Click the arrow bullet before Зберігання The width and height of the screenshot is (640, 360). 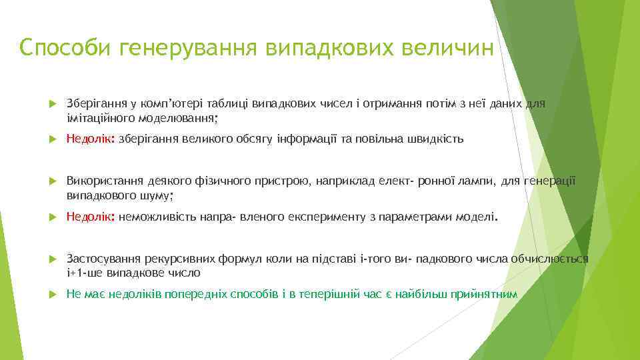tap(51, 104)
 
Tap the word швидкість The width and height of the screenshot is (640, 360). tap(437, 139)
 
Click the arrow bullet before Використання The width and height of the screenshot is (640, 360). tap(51, 182)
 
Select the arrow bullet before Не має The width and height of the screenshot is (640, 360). tap(51, 294)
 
